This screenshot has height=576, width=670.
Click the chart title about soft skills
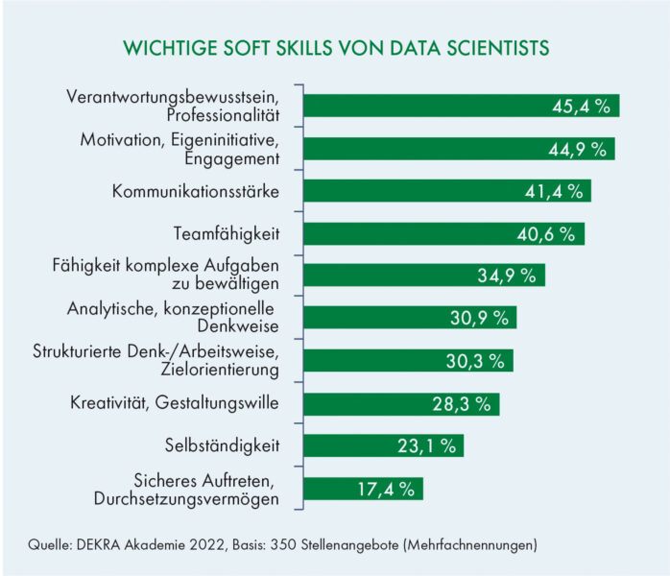(335, 47)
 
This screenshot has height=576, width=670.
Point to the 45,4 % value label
(581, 107)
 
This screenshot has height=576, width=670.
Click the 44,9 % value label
(577, 149)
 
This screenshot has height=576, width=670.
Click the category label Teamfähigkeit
(227, 233)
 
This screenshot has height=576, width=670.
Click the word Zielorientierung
(214, 370)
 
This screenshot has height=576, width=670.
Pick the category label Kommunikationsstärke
(195, 191)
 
